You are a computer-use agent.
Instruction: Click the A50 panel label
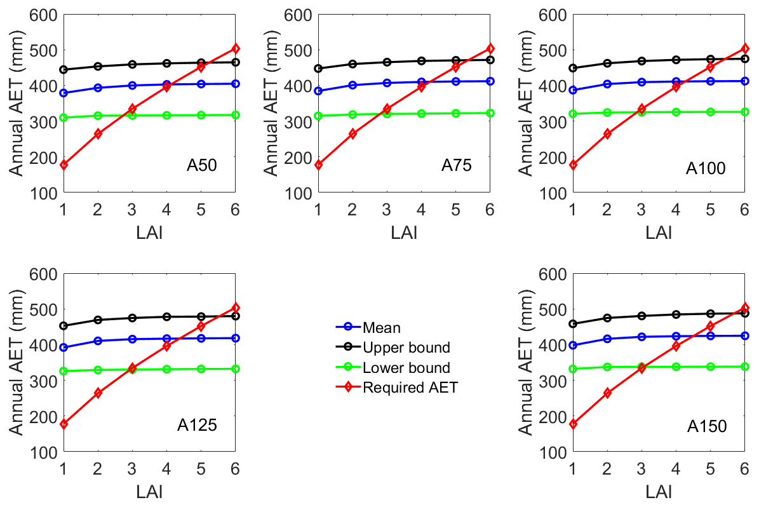click(202, 166)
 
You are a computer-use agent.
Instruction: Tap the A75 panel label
click(457, 166)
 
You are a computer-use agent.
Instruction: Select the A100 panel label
click(706, 168)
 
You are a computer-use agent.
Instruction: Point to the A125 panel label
click(197, 425)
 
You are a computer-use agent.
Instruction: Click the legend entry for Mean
click(382, 328)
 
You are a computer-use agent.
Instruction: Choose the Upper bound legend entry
click(406, 348)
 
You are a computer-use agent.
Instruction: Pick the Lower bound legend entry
click(406, 367)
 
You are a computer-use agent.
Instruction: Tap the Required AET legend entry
click(410, 387)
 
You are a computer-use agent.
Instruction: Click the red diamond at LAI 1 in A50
click(64, 165)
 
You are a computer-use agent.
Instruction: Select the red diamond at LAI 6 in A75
click(490, 48)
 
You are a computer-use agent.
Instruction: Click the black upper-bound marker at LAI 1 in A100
click(573, 68)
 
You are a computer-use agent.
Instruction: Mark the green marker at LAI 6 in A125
click(235, 368)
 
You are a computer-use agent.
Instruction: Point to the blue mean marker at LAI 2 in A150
click(607, 339)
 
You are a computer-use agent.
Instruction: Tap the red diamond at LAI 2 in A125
click(98, 393)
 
